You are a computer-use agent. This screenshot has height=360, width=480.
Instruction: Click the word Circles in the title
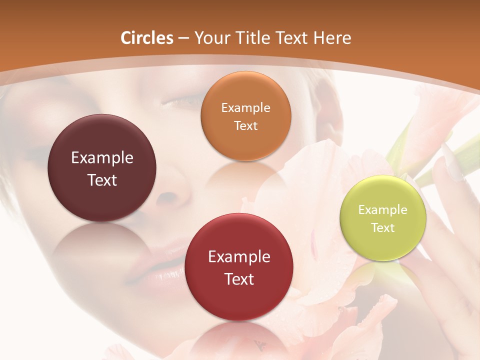pyautogui.click(x=147, y=38)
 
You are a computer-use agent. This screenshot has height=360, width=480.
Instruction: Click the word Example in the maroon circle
pyautogui.click(x=102, y=158)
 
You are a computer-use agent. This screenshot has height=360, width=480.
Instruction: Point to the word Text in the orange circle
pyautogui.click(x=245, y=126)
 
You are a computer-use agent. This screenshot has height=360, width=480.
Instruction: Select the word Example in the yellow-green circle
pyautogui.click(x=383, y=210)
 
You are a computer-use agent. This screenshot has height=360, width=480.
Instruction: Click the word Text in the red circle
pyautogui.click(x=239, y=279)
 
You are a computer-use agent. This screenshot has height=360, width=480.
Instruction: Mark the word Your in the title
pyautogui.click(x=210, y=38)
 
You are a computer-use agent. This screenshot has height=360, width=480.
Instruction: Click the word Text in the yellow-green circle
pyautogui.click(x=383, y=228)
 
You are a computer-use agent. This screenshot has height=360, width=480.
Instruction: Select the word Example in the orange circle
pyautogui.click(x=245, y=108)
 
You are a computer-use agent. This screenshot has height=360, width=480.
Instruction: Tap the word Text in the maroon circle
pyautogui.click(x=102, y=180)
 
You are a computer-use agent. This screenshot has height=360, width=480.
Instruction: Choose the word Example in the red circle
pyautogui.click(x=239, y=257)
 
